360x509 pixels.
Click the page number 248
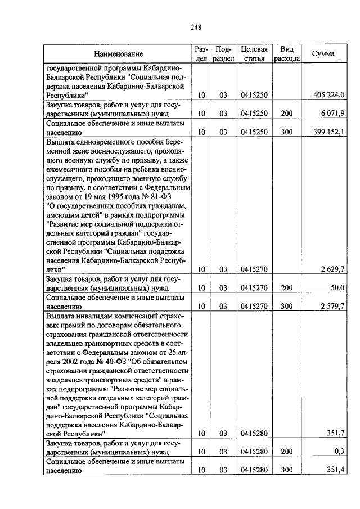[196, 27]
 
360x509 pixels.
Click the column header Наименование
[118, 54]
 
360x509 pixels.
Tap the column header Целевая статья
[253, 54]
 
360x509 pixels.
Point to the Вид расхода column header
[287, 54]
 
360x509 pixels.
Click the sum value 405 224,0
[328, 95]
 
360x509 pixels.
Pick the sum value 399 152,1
[328, 132]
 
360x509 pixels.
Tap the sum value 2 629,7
[332, 270]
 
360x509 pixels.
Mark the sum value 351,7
[335, 433]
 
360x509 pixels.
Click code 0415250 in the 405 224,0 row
[253, 95]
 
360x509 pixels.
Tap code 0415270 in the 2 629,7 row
[253, 270]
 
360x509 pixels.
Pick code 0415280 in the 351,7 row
[253, 433]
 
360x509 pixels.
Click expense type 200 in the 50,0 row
[287, 288]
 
